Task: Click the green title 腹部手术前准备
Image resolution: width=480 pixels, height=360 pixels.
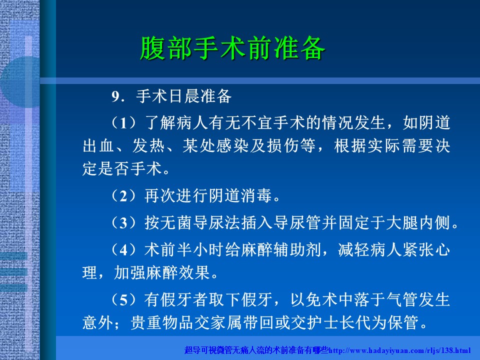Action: pyautogui.click(x=232, y=48)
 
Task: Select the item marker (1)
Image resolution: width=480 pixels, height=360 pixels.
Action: pyautogui.click(x=123, y=123)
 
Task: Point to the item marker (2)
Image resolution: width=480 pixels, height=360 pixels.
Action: pyautogui.click(x=123, y=196)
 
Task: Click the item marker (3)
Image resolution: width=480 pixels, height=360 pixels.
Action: pyautogui.click(x=123, y=222)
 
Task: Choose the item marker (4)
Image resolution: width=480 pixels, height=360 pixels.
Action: pyautogui.click(x=123, y=249)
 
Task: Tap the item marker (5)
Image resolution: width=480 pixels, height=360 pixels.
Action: pyautogui.click(x=123, y=299)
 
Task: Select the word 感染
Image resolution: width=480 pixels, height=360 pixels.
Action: pyautogui.click(x=232, y=145)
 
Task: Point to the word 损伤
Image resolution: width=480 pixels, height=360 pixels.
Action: pyautogui.click(x=283, y=145)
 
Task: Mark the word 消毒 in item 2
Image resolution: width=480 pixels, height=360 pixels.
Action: pyautogui.click(x=256, y=196)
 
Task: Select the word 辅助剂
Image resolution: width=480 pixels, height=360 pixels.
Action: pyautogui.click(x=297, y=249)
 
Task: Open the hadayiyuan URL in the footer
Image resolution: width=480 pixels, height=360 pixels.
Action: pyautogui.click(x=399, y=350)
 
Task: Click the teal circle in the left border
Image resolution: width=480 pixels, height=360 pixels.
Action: pyautogui.click(x=20, y=81)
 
